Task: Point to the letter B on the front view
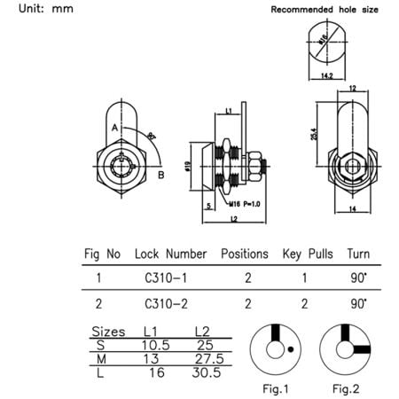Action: (160, 176)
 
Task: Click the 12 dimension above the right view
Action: (352, 89)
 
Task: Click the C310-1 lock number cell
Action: (163, 278)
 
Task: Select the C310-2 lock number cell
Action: (163, 303)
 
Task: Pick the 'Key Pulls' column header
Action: (307, 253)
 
